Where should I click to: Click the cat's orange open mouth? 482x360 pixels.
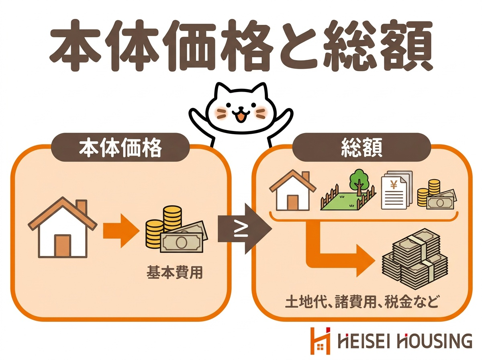coord(241,118)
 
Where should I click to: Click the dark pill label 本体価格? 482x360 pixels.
coord(120,147)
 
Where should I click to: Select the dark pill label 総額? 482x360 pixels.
coord(361,147)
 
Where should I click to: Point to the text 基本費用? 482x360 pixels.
coord(175,272)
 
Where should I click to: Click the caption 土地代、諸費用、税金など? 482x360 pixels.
coord(361,302)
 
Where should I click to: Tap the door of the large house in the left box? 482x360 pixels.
coord(63,246)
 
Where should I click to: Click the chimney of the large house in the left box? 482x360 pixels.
coord(81,207)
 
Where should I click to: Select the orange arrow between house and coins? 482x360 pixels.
coord(121,231)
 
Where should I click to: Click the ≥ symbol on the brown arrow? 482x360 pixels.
coord(241,231)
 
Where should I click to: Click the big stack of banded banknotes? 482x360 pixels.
coord(415,259)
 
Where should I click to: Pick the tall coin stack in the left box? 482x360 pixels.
coord(172,218)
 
